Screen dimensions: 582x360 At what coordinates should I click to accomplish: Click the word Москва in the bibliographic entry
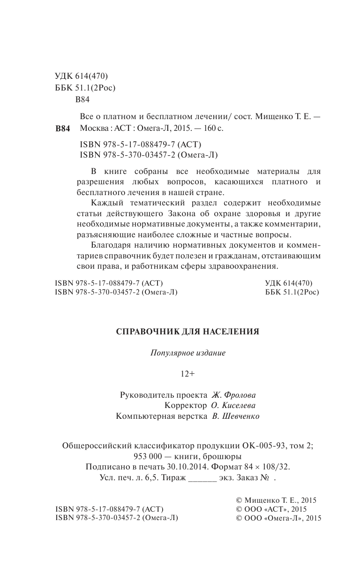(94, 128)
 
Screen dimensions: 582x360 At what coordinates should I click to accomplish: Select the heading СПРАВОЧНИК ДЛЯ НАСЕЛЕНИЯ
(187, 332)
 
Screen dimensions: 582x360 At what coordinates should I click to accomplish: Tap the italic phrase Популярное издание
(187, 353)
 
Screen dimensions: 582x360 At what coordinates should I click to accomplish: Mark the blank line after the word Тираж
(202, 478)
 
